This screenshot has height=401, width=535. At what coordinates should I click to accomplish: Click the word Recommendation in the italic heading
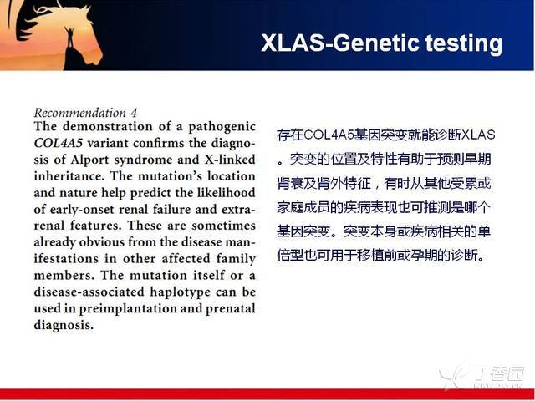coord(80,113)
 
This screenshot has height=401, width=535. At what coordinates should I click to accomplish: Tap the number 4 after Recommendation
coord(134,113)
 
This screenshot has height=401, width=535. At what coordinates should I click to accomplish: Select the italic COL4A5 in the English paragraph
coord(59,143)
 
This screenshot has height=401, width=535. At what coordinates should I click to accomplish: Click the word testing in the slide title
coord(464,44)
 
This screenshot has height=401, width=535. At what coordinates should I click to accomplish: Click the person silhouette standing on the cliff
coord(70,37)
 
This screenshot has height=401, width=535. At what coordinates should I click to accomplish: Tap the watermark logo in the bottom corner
coord(481,375)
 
